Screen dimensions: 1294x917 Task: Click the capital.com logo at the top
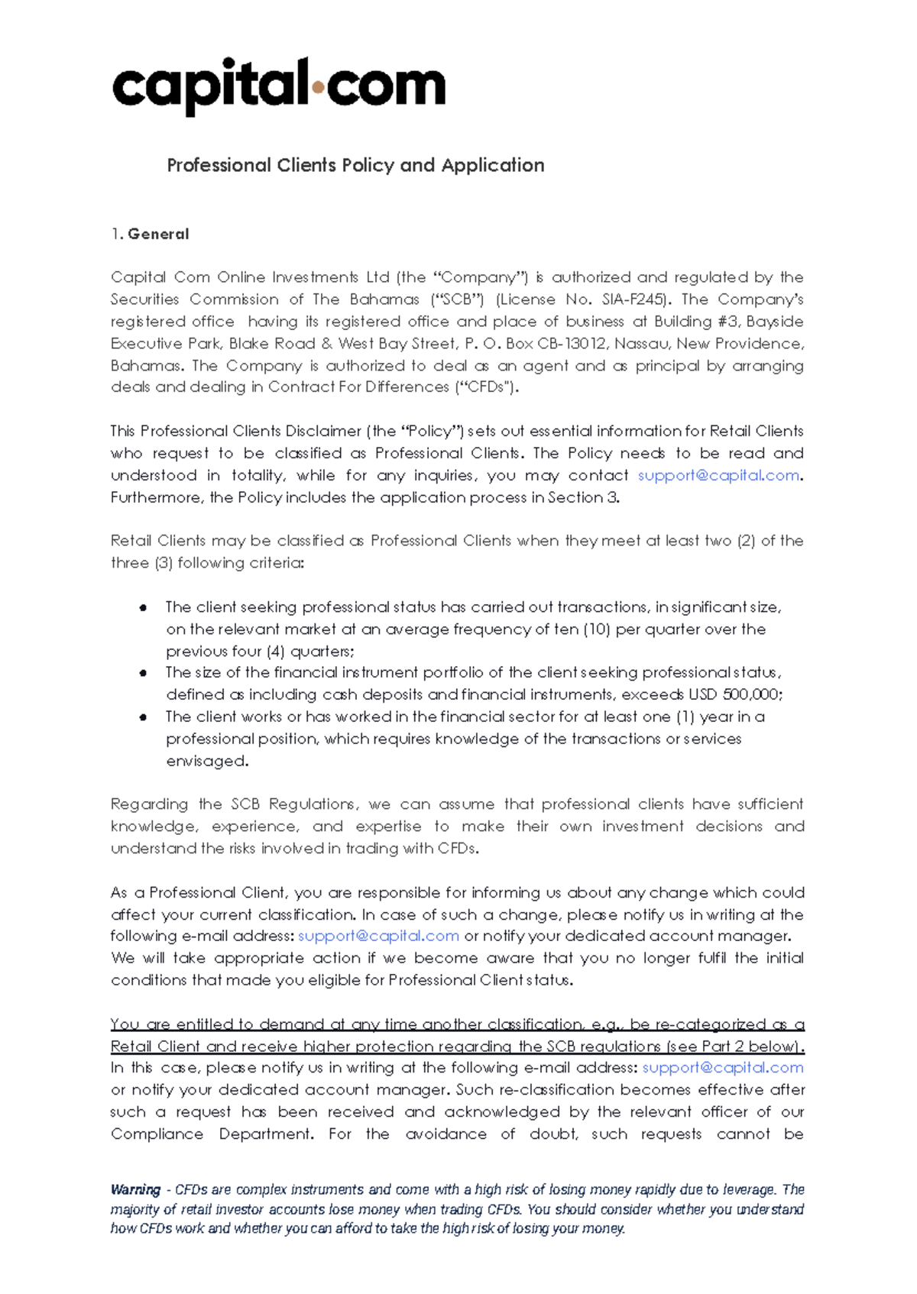tap(278, 86)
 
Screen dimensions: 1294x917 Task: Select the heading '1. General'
tap(150, 235)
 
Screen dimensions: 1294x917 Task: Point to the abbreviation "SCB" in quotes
tap(457, 299)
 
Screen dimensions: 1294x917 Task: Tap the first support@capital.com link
tap(718, 475)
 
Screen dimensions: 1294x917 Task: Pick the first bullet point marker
tap(143, 608)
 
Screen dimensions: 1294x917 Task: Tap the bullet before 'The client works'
tap(143, 717)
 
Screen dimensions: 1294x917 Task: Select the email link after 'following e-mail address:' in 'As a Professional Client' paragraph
tap(378, 936)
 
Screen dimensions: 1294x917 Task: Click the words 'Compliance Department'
tap(212, 1134)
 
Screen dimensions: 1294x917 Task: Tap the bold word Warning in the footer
tap(135, 1189)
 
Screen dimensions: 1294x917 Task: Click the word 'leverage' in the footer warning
tap(750, 1189)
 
